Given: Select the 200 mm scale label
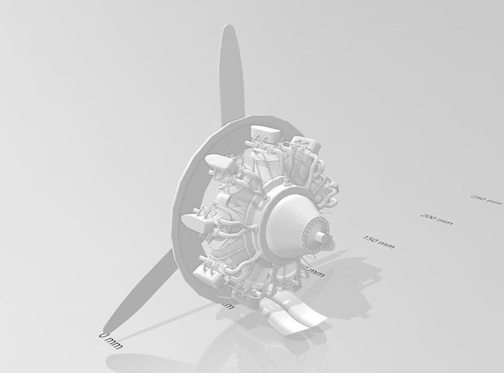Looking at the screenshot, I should [x=437, y=219].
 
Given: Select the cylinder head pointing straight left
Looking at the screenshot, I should [x=195, y=220].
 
